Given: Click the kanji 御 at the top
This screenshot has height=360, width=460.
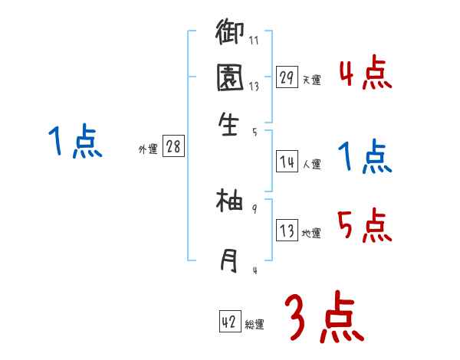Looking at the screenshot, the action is [230, 33].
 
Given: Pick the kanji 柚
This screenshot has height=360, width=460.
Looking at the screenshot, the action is [230, 202].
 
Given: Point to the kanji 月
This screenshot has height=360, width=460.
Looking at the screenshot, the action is [230, 260].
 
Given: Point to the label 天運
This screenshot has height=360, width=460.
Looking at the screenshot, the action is [311, 80].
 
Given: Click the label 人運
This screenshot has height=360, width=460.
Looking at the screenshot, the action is [311, 163].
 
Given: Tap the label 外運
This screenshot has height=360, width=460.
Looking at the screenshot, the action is [148, 149].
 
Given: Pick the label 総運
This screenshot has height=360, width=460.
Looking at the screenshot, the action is [254, 324].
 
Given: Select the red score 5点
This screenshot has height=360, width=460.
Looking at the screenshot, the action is [365, 225].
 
